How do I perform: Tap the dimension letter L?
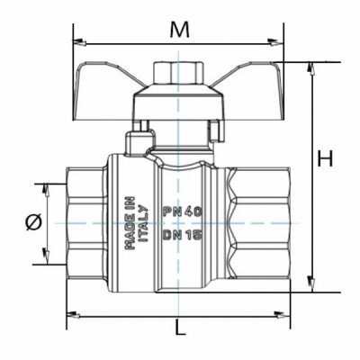[x=181, y=328]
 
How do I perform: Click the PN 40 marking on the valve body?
[x=180, y=211]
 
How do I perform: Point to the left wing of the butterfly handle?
[x=112, y=76]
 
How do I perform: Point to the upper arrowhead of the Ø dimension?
[x=40, y=186]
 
